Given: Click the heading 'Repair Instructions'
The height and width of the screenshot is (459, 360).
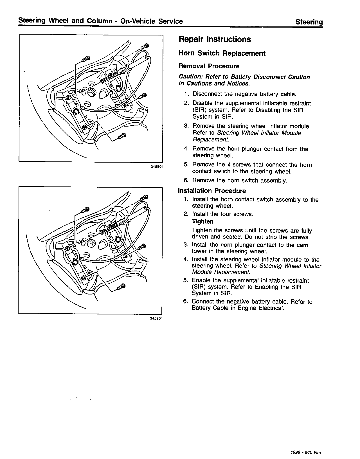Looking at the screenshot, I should (x=215, y=39).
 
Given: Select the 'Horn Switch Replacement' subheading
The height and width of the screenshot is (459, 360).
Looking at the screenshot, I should (x=222, y=53).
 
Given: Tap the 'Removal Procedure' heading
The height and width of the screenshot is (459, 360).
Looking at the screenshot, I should (x=209, y=66).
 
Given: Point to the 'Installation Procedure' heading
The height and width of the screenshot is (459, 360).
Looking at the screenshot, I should (x=212, y=191).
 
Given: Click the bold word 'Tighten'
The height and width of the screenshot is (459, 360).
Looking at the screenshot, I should (x=202, y=222).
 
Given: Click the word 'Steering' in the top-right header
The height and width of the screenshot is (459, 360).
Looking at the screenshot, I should (x=309, y=22).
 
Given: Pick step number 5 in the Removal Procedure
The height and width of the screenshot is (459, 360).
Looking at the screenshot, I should (x=186, y=165).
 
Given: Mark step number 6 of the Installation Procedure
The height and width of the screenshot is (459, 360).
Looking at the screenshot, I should (x=185, y=302).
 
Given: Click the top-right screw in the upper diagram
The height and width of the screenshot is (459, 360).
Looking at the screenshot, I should (x=145, y=46).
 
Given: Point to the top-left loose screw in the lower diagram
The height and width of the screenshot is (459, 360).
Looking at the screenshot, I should (x=85, y=210).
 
